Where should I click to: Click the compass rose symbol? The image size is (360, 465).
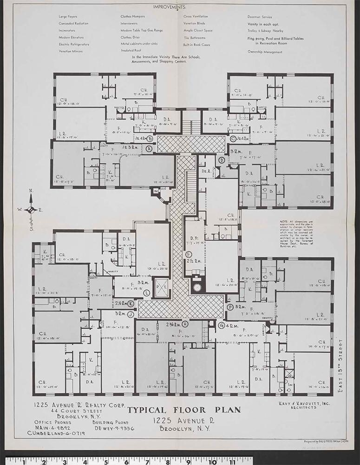[x=31, y=209]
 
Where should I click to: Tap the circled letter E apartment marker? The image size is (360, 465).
[x=188, y=254]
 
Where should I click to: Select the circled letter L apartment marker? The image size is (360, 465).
[x=147, y=293]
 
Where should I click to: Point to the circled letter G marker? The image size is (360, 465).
[x=222, y=325]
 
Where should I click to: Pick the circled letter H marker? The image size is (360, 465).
[x=185, y=324]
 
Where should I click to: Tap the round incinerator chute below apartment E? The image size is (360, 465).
[x=197, y=287]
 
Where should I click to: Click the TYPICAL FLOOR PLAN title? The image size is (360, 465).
[x=184, y=410]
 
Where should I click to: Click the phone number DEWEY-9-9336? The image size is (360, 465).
[x=114, y=428]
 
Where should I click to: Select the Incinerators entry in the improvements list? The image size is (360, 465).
[x=68, y=30]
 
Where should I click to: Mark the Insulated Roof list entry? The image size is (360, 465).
[x=131, y=51]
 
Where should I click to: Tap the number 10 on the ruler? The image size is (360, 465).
[x=213, y=460]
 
